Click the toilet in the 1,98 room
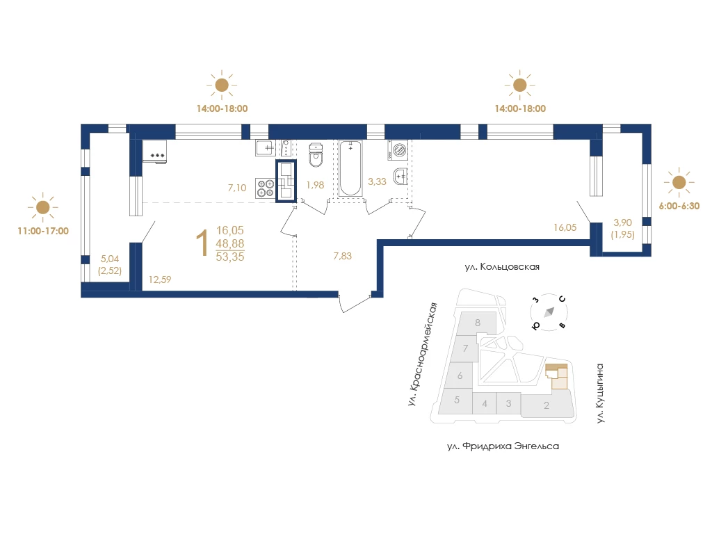point(316,154)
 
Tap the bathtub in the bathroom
point(350,168)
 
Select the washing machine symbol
point(398,150)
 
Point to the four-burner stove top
point(266,188)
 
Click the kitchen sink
point(266,147)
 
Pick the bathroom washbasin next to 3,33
point(400,176)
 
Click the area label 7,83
point(342,256)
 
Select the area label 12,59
point(160,280)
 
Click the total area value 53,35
point(230,257)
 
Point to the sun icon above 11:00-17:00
point(42,207)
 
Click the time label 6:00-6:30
point(679,206)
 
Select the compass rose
point(549,312)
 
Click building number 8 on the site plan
point(478,323)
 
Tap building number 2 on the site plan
point(547,405)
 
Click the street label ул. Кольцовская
point(502,267)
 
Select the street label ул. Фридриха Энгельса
point(503,446)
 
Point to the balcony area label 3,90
point(622,222)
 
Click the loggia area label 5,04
point(110,259)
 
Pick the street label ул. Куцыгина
point(600,394)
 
